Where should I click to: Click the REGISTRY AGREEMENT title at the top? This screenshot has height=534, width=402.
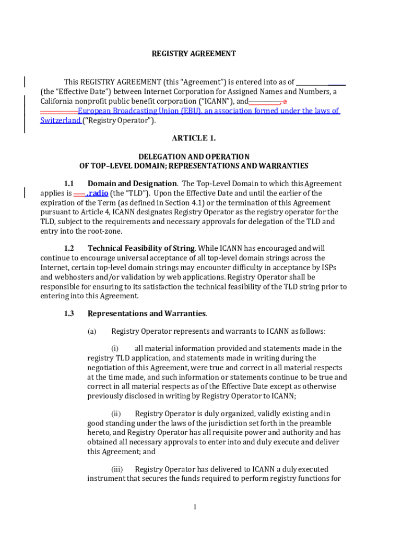click(x=194, y=54)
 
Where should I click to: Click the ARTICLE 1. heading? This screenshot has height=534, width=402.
click(x=194, y=138)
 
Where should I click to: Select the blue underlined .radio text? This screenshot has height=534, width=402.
click(x=97, y=193)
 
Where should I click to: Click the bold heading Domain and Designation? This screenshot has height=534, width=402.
click(x=132, y=184)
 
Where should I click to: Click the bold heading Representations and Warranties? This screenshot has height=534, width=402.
click(x=147, y=313)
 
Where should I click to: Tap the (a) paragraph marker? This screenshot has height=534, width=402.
click(x=92, y=331)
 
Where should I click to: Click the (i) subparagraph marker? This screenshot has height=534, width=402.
click(x=115, y=348)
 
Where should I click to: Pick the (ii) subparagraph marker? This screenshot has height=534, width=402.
click(x=115, y=414)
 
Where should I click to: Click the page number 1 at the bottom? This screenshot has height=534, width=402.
click(x=194, y=507)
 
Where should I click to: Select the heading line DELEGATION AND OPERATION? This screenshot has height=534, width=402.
click(x=194, y=156)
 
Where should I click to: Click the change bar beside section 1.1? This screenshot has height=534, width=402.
click(x=25, y=193)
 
